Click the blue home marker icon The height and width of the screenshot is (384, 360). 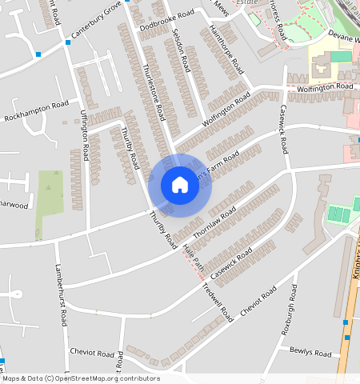click(x=180, y=185)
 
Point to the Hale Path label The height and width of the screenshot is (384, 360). click(x=194, y=258)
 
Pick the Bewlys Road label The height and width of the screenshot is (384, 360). click(x=310, y=353)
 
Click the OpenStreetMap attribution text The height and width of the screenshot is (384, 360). click(x=82, y=378)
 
